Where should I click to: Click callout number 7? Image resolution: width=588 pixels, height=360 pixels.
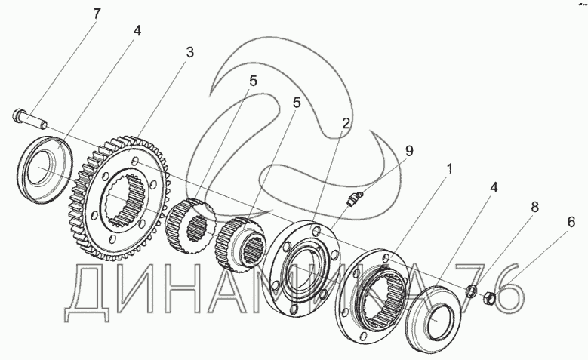tap(96, 14)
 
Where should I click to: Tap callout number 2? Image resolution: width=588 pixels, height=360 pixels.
tap(346, 123)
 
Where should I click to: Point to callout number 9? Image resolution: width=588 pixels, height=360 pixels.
tap(408, 151)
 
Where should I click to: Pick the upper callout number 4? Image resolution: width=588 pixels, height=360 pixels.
tap(137, 31)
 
